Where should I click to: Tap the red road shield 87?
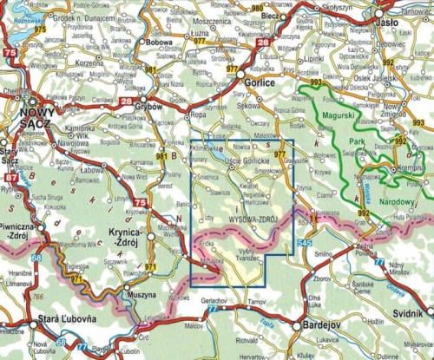click(11, 180)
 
